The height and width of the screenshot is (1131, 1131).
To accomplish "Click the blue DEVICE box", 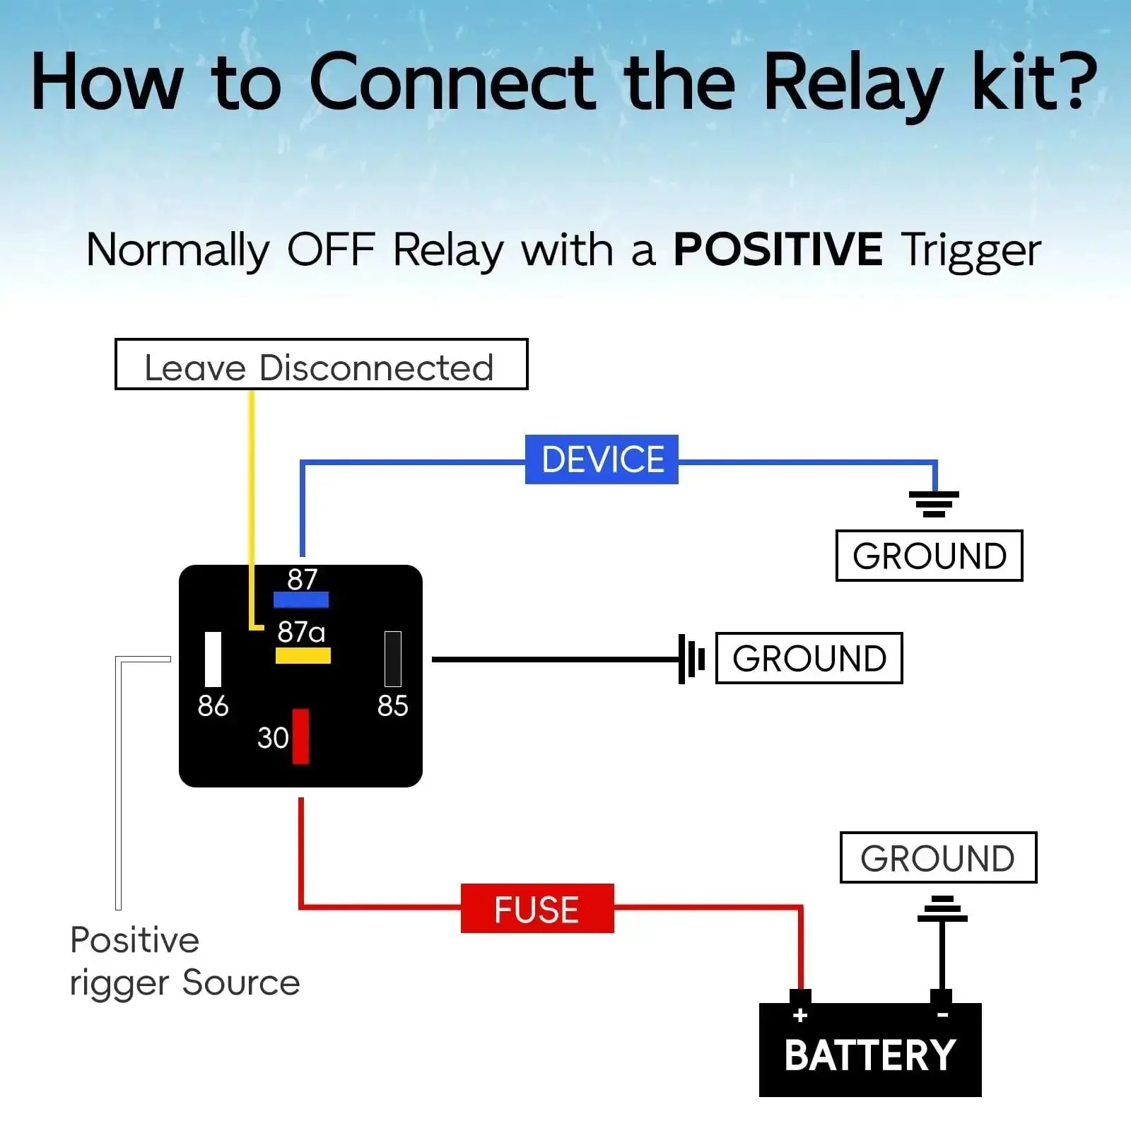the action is pyautogui.click(x=602, y=459).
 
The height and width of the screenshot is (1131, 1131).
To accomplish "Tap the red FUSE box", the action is pyautogui.click(x=537, y=908).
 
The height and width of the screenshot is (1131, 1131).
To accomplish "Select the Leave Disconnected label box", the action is pyautogui.click(x=322, y=364).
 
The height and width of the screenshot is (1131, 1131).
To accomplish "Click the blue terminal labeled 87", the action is pyautogui.click(x=301, y=600).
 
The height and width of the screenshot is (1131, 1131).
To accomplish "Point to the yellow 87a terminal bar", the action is pyautogui.click(x=303, y=655).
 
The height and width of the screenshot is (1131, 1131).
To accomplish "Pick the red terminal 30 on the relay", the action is pyautogui.click(x=300, y=737).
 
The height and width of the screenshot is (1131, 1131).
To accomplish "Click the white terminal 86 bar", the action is pyautogui.click(x=213, y=659).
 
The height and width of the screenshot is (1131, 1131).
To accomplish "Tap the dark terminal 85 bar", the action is pyautogui.click(x=393, y=659).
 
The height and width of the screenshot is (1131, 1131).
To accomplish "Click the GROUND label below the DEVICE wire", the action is pyautogui.click(x=930, y=556).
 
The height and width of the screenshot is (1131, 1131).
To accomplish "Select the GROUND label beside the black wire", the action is pyautogui.click(x=809, y=658).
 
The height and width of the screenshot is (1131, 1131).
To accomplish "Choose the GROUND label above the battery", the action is pyautogui.click(x=938, y=857).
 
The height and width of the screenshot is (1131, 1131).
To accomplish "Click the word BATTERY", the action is pyautogui.click(x=870, y=1055).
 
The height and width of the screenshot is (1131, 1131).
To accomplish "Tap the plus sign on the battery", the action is pyautogui.click(x=800, y=1016).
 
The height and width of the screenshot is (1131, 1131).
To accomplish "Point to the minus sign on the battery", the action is pyautogui.click(x=942, y=1015).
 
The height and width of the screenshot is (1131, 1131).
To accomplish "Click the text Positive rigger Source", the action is pyautogui.click(x=184, y=961).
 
